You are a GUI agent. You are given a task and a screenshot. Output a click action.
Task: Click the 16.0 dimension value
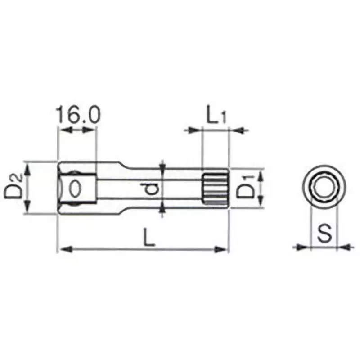(x=77, y=115)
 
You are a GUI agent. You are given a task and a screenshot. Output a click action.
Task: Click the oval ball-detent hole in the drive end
(x=75, y=187)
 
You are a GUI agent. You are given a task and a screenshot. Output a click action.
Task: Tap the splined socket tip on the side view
(x=215, y=187)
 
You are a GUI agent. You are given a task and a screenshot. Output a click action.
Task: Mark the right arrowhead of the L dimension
(x=223, y=249)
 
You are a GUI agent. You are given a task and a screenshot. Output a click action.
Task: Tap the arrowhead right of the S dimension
(x=343, y=246)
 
